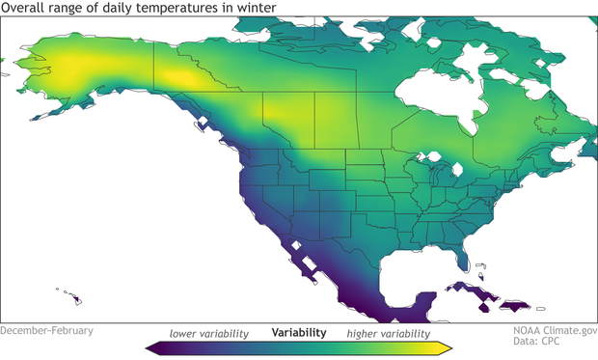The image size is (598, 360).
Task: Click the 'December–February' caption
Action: [x=47, y=330]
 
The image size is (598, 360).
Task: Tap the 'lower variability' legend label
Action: [x=209, y=333]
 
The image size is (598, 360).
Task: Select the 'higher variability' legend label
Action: [x=389, y=333]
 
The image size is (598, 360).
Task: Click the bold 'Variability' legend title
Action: [x=298, y=333]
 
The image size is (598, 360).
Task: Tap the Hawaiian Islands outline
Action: [x=71, y=294]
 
